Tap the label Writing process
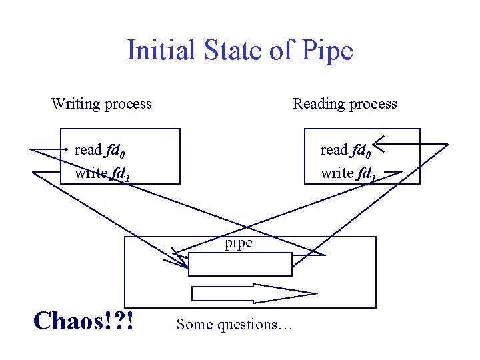tap(101, 103)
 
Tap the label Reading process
tap(345, 103)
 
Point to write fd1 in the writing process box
tap(102, 174)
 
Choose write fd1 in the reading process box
tap(348, 174)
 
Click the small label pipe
tap(238, 243)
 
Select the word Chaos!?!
tap(83, 321)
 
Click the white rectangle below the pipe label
tap(240, 264)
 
